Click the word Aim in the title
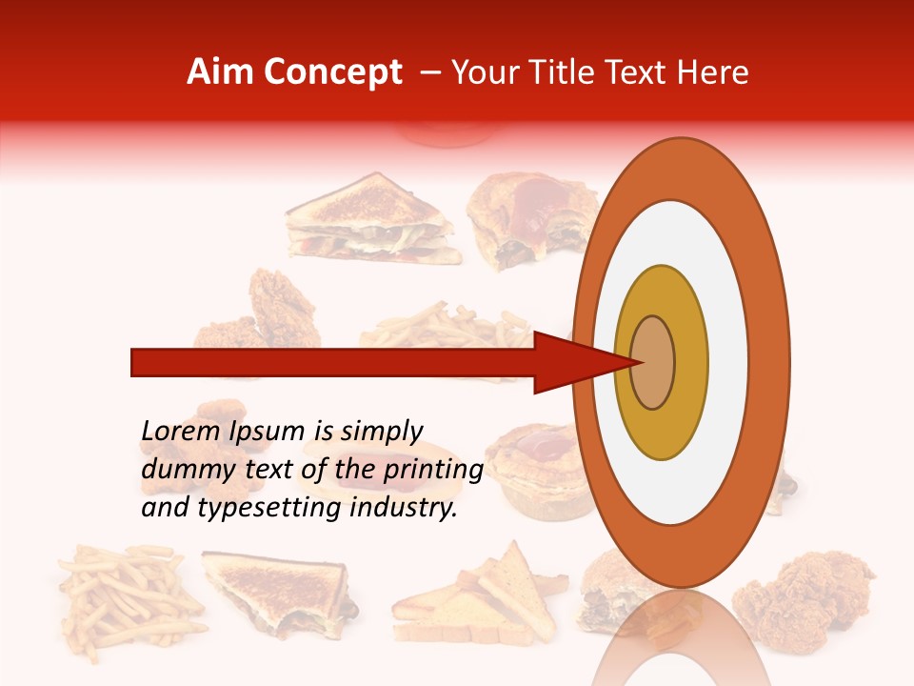click(220, 72)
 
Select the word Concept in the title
click(333, 72)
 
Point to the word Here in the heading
click(713, 72)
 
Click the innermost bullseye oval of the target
click(652, 362)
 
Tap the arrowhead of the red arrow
click(571, 362)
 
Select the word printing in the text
click(433, 471)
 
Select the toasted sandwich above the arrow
click(376, 221)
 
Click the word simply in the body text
click(381, 432)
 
